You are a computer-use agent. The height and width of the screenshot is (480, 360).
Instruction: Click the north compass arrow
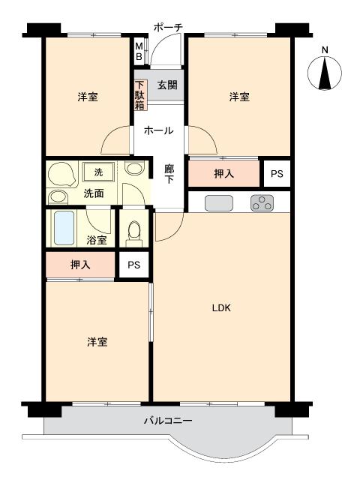pyautogui.click(x=325, y=73)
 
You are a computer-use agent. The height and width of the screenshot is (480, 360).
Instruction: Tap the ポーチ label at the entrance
pyautogui.click(x=167, y=27)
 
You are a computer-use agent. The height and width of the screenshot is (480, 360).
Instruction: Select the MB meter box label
pyautogui.click(x=139, y=51)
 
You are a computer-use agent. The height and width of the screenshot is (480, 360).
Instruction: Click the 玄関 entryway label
pyautogui.click(x=167, y=84)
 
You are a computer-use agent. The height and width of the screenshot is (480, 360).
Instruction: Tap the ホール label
pyautogui.click(x=158, y=130)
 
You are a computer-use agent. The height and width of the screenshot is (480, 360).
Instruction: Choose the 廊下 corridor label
pyautogui.click(x=169, y=175)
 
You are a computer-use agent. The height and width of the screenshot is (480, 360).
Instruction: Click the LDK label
pyautogui.click(x=220, y=308)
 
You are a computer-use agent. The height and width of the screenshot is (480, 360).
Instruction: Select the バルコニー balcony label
pyautogui.click(x=168, y=421)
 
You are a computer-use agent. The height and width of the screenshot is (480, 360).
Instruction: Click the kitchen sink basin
pyautogui.click(x=219, y=202)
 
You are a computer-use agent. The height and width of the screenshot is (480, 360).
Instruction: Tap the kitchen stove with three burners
pyautogui.click(x=262, y=202)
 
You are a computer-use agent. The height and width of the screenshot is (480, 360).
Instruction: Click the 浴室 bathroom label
pyautogui.click(x=96, y=241)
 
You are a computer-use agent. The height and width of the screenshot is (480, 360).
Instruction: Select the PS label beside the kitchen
pyautogui.click(x=277, y=174)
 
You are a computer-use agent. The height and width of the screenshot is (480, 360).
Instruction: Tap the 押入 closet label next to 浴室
pyautogui.click(x=80, y=265)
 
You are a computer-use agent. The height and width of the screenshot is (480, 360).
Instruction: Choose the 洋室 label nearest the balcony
pyautogui.click(x=97, y=342)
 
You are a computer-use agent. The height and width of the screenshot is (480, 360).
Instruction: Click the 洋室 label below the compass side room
pyautogui.click(x=239, y=97)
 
